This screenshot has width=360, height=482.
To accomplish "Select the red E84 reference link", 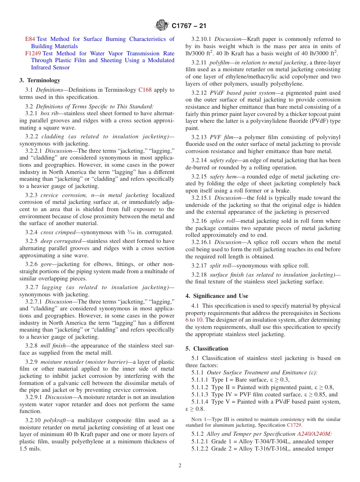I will (x=30, y=39).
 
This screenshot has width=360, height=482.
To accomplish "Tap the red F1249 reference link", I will (x=33, y=53).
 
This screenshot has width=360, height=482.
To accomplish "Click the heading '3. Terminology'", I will (x=40, y=80).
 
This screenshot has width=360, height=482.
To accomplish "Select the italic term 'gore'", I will (x=47, y=264).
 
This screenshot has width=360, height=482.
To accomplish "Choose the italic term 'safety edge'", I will (x=223, y=160).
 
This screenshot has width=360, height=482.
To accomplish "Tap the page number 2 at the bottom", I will (x=180, y=466).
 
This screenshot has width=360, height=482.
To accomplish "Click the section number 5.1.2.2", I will (x=200, y=449).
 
